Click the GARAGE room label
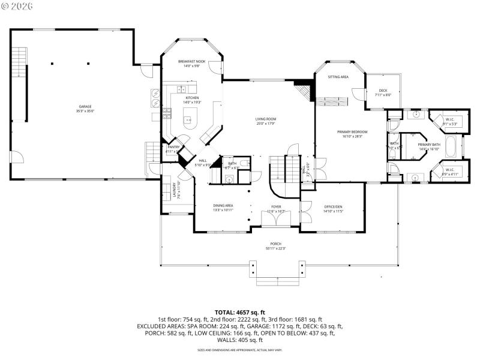coord(85,106)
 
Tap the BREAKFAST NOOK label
coord(191,62)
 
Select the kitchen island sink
coord(188,118)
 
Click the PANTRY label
coord(174,146)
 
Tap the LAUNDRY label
coord(175,190)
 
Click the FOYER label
coord(275,206)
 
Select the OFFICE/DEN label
coord(332,206)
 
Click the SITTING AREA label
coord(338,77)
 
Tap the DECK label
coord(383,91)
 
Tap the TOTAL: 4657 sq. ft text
coord(240,313)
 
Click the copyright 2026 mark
coord(17,6)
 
